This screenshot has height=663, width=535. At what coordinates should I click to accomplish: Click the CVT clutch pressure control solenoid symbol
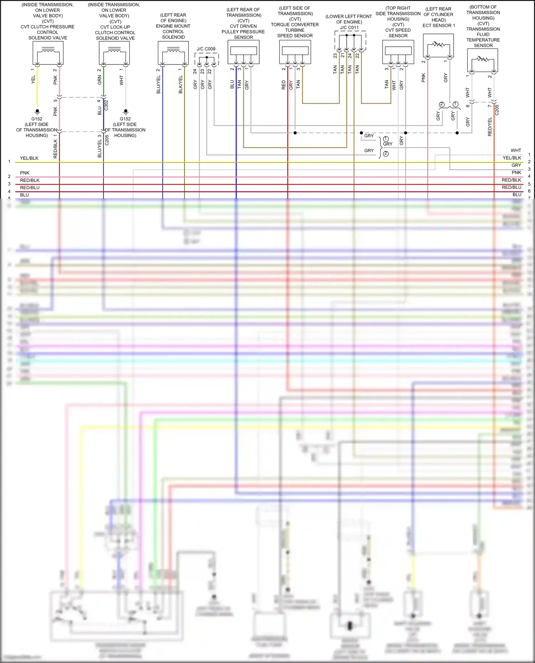point(48,53)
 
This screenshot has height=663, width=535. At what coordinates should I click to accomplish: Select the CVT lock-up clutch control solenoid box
point(114,53)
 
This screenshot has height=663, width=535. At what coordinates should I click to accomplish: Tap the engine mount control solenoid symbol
point(173,53)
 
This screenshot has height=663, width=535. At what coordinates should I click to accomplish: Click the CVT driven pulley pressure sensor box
point(243,52)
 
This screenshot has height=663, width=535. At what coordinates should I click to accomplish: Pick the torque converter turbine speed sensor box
point(295,52)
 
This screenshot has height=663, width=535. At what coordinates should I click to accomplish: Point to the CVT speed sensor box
point(398,52)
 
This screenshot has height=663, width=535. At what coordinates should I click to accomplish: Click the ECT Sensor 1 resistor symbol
point(438,46)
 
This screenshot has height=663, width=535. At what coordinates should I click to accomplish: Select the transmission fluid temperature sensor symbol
point(483,60)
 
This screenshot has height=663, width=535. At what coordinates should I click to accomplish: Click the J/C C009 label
point(206,49)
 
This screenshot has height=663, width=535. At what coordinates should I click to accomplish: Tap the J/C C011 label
point(349,27)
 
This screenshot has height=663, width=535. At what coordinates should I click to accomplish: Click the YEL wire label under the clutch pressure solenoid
point(33,79)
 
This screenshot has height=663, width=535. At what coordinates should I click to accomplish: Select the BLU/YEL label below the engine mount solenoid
point(158,84)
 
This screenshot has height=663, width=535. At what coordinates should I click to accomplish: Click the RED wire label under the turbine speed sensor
point(284,84)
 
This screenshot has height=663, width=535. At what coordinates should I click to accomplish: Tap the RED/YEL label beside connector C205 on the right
point(490,127)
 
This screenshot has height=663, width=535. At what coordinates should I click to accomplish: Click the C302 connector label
point(106,105)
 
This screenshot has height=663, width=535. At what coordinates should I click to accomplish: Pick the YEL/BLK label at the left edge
point(29,158)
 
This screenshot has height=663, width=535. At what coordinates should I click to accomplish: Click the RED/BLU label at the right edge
point(511,187)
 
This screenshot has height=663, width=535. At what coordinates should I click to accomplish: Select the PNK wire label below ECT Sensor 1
point(423,78)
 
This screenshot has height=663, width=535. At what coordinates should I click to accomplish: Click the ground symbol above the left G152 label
point(37,112)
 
